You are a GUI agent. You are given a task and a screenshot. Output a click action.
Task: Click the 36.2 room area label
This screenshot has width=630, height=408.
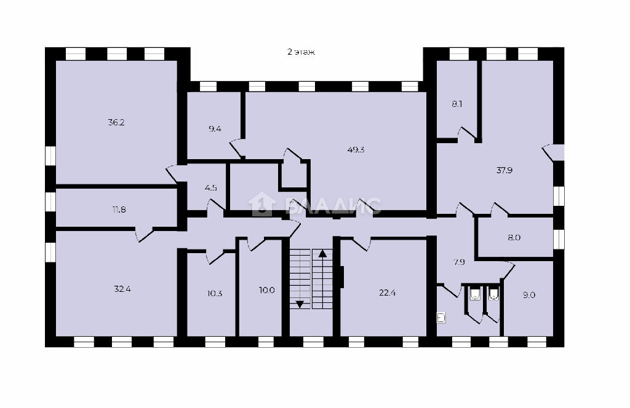pos(116,123)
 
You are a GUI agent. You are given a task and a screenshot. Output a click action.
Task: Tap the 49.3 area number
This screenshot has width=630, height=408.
pos(356,150)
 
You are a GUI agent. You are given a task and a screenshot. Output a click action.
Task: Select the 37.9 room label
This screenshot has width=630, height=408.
pos(504,170)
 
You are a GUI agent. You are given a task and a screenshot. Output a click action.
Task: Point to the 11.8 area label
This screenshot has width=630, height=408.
pos(119,210)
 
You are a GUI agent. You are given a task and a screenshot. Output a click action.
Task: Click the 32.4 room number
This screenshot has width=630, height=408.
pos(122,289)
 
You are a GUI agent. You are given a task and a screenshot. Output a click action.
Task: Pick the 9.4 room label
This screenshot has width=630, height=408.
pos(215,129)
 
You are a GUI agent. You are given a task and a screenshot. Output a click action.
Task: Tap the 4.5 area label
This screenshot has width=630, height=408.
pos(210,187)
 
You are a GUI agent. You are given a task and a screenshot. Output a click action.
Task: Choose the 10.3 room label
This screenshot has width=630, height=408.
pos(215,293)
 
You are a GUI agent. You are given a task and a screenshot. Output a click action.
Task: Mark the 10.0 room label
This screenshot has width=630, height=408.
pos(267,290)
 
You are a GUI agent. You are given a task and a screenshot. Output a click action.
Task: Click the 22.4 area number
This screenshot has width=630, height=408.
pos(388,293)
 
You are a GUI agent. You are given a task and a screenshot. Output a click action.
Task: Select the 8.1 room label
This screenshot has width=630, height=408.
pos(457,104)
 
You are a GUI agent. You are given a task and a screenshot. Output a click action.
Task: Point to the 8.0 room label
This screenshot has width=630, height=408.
pos(514,238)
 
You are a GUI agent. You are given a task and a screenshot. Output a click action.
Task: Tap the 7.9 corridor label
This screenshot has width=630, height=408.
pos(459,262)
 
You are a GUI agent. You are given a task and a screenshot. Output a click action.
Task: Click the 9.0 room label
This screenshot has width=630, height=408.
pos(528,296)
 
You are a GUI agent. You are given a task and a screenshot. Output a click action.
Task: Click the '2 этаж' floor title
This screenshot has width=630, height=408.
pos(301,52)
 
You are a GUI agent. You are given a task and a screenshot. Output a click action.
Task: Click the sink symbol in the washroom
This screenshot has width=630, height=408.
pos(441,318)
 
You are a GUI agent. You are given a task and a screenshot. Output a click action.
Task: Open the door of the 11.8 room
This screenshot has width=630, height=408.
pos(145,234)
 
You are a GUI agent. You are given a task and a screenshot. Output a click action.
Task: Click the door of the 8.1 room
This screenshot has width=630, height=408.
pos(466,133)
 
